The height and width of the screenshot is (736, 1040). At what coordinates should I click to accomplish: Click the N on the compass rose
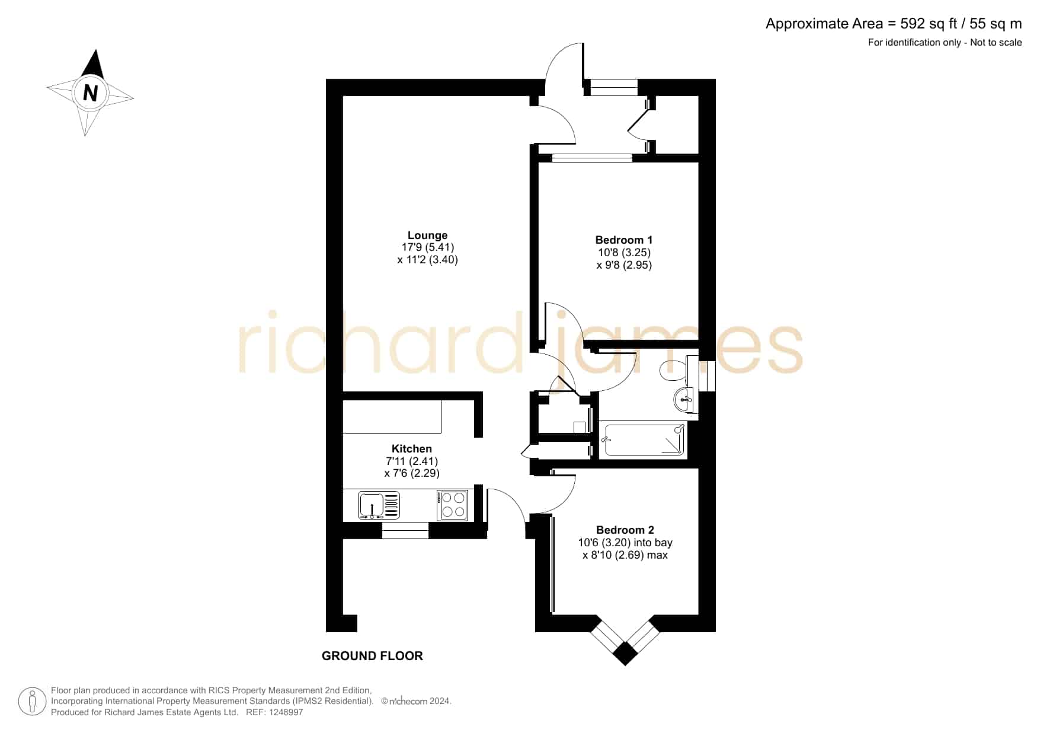90,93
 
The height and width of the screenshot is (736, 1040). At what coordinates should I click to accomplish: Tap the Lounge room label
427,235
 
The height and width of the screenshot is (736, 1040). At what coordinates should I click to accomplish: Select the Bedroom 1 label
624,240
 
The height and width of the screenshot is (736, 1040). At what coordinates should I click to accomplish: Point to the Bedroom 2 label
625,530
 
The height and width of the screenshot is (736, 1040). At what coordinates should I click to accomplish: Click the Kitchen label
412,449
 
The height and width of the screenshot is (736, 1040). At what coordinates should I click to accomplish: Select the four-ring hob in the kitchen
452,505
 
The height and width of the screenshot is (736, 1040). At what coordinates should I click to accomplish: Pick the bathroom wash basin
685,400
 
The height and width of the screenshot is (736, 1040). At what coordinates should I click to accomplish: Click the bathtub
644,439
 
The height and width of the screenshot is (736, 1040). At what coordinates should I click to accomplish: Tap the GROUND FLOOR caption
372,656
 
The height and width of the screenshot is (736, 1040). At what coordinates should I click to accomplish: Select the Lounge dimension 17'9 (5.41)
428,247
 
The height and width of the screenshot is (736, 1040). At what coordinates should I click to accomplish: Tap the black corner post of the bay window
625,654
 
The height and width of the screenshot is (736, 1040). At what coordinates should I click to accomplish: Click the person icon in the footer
32,702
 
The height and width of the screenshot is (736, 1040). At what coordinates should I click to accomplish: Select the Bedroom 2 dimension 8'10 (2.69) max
625,555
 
